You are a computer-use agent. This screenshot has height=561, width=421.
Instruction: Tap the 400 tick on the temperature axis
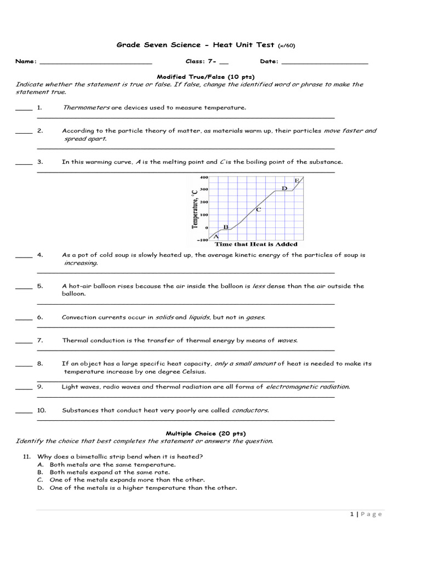[x=204, y=178]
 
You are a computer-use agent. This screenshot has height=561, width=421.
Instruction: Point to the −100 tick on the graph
[x=202, y=240]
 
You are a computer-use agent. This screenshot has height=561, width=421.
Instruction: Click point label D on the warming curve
[x=284, y=188]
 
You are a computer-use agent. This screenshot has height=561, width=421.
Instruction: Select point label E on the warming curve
[x=297, y=180]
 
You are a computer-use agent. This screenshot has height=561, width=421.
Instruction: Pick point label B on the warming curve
[x=225, y=226]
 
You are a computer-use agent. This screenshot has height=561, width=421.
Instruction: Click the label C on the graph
[x=258, y=209]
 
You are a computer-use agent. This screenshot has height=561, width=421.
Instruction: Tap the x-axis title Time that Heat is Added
[x=255, y=244]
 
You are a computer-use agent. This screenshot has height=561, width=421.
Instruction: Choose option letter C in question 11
[x=40, y=479]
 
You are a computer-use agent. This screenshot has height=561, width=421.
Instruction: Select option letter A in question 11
[x=40, y=464]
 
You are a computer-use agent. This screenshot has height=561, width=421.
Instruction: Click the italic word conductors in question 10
[x=250, y=410]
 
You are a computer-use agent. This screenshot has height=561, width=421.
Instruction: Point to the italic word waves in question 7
[x=287, y=340]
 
